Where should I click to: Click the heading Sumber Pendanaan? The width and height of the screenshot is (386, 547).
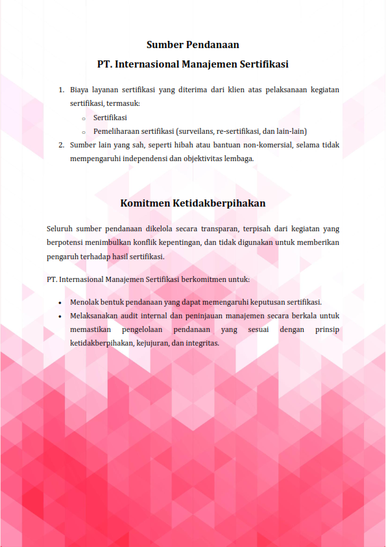[193, 45]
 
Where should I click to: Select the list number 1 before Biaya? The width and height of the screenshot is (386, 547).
[60, 90]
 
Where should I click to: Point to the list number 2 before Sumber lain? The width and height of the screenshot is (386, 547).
[60, 145]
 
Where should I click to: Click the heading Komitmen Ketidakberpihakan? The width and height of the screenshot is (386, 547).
[193, 203]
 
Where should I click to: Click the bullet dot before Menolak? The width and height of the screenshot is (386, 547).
[60, 303]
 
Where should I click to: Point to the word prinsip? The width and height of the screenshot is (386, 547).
[327, 330]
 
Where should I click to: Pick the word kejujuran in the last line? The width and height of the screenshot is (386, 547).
[151, 344]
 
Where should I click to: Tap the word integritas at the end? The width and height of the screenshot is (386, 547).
[201, 344]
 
